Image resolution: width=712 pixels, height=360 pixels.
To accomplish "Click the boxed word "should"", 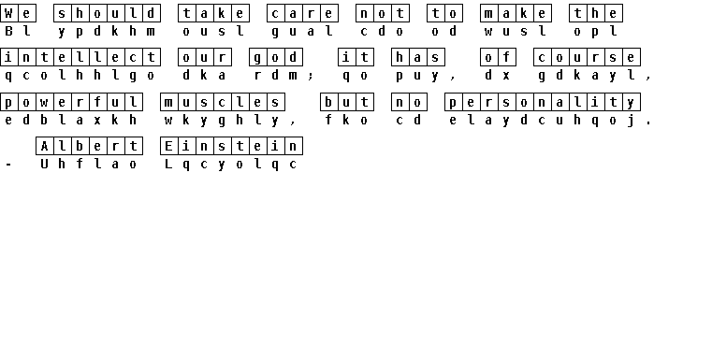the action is pos(107,13).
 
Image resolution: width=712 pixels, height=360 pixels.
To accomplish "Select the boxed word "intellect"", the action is pos(80,57).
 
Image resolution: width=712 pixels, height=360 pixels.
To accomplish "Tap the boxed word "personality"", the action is pos(543,102).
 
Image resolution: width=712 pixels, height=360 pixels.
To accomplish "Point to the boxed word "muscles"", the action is pos(223,102).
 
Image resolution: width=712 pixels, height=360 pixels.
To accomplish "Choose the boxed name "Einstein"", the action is pos(232,146).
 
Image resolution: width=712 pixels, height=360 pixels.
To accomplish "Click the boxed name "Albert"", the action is pos(89,146).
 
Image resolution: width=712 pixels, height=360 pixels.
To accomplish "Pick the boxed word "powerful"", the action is pos(71,102).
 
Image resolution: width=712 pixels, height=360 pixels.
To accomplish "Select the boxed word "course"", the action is pos(588,57).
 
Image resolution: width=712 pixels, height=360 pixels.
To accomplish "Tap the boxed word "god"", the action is pos(276,57).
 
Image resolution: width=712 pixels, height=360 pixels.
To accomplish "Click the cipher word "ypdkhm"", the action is pos(107,31).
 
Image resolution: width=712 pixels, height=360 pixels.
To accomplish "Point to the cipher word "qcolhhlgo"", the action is pos(80,76).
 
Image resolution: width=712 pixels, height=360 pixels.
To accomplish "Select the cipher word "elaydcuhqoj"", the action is pos(543,121).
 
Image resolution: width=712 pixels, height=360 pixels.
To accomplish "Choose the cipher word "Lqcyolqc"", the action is pos(232,164).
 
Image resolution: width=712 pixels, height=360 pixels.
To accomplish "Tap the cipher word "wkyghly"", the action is pos(223,121).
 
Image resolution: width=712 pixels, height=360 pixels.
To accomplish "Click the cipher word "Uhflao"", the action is pos(89,164).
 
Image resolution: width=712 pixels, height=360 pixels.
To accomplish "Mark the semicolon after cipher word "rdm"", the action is pos(311,76).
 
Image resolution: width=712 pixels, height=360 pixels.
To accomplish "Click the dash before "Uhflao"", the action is pos(8,165).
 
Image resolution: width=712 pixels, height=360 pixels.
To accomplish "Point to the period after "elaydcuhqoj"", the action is pos(649,122).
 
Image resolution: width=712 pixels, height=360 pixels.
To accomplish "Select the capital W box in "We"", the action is pos(8,13).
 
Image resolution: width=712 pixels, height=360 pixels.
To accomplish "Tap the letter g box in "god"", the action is pos(258,57).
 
